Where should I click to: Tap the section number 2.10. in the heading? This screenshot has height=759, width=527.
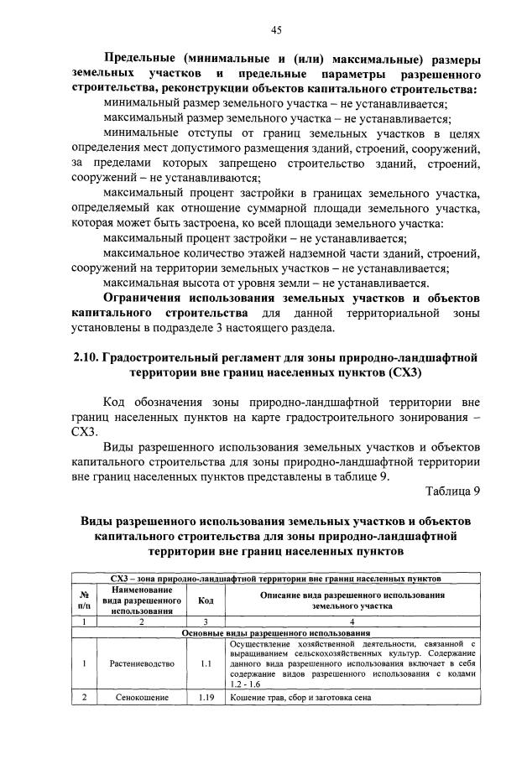click(x=86, y=358)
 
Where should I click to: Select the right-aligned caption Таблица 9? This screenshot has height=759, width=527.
click(x=452, y=491)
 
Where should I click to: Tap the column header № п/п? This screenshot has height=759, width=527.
click(x=84, y=600)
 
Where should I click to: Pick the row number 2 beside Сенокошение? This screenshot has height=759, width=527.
click(x=84, y=697)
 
